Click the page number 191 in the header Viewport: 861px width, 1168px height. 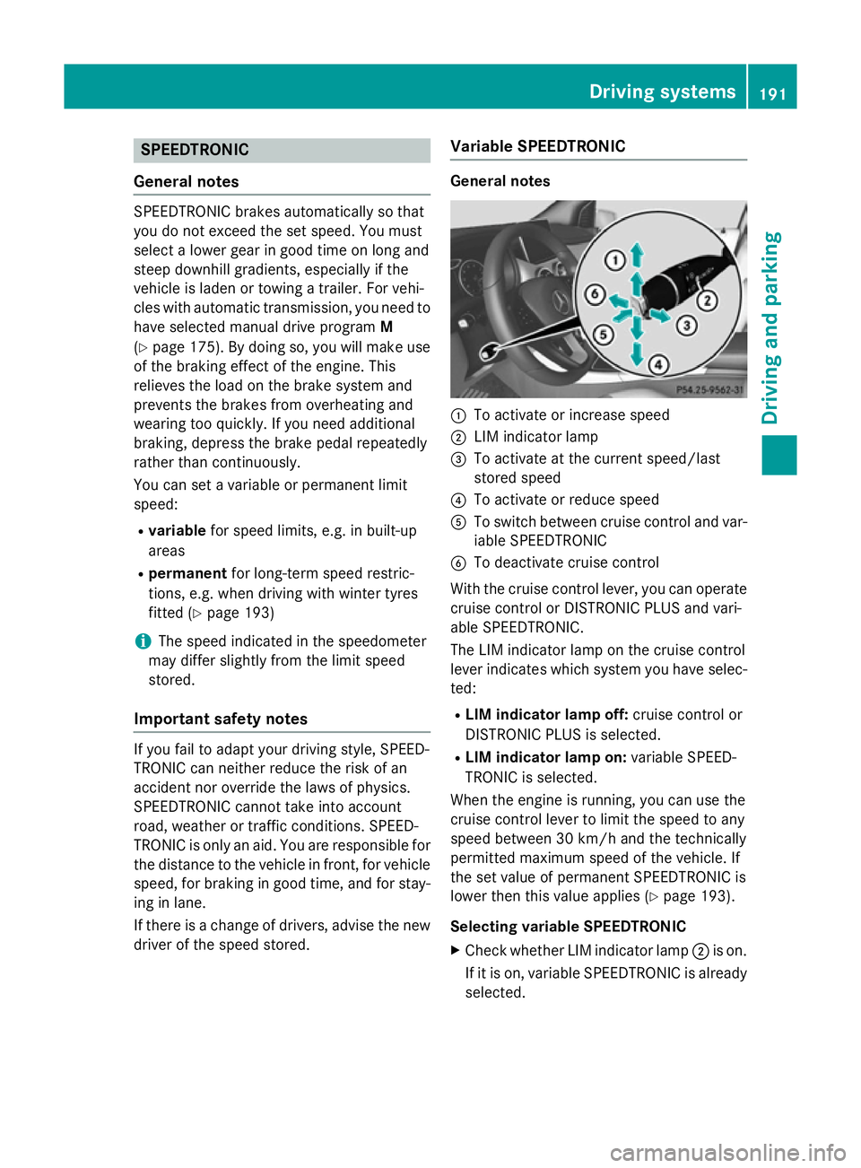pos(772,93)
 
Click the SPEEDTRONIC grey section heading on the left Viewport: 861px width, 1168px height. pos(195,150)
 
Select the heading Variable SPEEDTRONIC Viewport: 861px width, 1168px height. pos(538,146)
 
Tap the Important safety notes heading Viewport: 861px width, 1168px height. pos(221,719)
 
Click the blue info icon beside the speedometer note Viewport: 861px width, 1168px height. pos(143,641)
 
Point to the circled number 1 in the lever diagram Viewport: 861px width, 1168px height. pos(614,260)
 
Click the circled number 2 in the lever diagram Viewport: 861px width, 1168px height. pos(707,300)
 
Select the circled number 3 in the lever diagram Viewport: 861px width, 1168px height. pos(686,325)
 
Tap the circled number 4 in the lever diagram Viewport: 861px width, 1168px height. pos(658,364)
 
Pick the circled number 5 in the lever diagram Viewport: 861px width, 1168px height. pos(604,334)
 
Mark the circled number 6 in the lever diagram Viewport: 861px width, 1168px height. pos(594,294)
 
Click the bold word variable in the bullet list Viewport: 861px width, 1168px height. pos(177,531)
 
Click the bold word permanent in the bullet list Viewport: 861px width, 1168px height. pos(187,573)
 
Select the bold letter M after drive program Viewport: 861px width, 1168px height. pos(387,327)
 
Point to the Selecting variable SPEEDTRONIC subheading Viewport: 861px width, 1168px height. pos(568,927)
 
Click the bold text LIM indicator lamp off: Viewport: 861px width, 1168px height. pos(546,715)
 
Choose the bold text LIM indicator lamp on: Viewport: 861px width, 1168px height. pos(545,758)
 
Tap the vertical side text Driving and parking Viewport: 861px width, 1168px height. pos(771,327)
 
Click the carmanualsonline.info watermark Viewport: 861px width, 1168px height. pos(727,1152)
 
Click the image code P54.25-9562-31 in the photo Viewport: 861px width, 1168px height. pos(709,390)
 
